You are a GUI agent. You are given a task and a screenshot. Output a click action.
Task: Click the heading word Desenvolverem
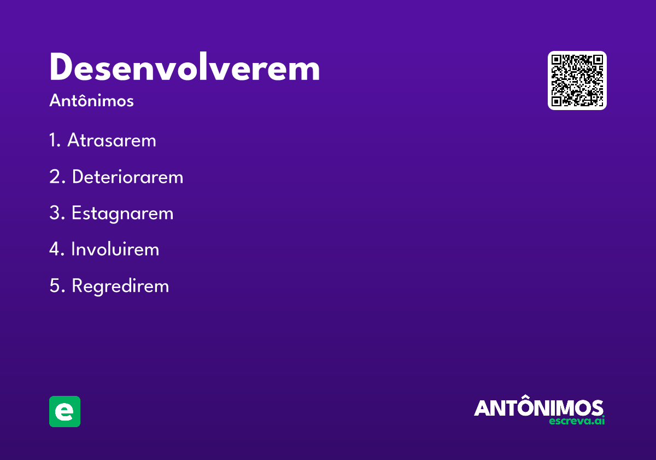185,66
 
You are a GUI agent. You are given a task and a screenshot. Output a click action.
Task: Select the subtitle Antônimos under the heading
91,100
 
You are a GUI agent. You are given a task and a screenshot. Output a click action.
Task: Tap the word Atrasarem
112,140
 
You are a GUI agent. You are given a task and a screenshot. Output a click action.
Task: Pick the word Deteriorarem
128,176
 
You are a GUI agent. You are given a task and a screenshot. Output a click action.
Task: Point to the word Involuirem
115,249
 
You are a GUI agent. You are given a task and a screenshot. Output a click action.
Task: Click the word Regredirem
120,286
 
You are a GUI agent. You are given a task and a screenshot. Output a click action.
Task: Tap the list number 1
55,140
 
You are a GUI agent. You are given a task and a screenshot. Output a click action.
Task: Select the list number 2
57,176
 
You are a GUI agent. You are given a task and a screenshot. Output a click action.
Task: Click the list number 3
57,212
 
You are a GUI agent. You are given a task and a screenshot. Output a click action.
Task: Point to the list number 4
57,249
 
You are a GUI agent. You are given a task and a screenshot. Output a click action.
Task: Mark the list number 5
57,286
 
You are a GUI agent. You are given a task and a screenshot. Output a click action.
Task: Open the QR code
577,81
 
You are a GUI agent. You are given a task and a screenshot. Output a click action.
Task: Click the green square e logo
65,411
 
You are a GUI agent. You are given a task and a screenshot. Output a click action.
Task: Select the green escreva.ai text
577,421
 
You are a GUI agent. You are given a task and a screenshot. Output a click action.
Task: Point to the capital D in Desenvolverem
61,66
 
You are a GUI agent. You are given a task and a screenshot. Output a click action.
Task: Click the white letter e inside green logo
64,412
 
